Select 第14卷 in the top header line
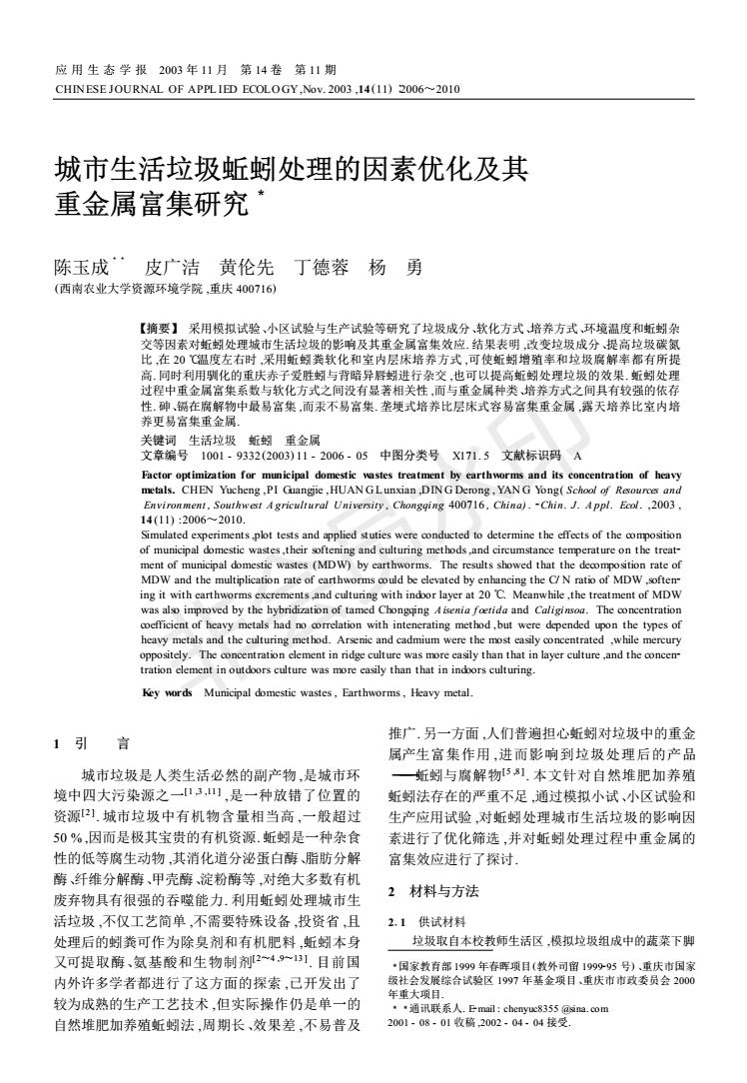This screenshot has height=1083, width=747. (x=259, y=70)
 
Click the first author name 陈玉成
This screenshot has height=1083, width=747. (x=87, y=267)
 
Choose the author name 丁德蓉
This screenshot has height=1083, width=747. (x=317, y=267)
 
